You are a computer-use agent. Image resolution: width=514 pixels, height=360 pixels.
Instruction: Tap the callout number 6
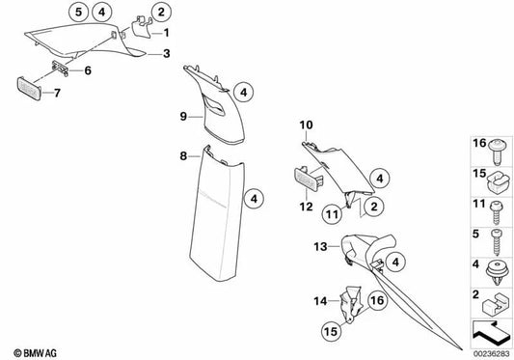tap(88, 71)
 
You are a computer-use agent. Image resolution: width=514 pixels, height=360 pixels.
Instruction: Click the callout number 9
tap(180, 117)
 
